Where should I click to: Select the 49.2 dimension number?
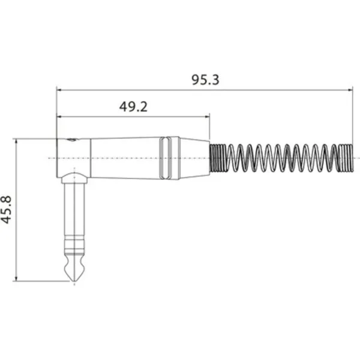click(133, 107)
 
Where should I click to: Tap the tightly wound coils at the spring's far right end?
click(346, 158)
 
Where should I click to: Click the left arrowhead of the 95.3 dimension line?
click(59, 91)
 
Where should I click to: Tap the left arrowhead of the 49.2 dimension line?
click(59, 116)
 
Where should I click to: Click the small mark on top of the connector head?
click(73, 140)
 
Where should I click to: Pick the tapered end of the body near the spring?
click(195, 158)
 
